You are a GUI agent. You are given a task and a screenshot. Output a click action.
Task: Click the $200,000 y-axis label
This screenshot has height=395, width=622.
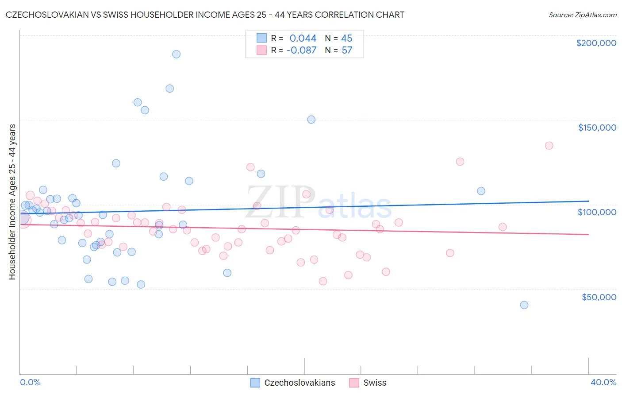click(x=596, y=43)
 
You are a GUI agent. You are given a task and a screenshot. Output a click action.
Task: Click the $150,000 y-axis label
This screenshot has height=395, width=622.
click(x=597, y=128)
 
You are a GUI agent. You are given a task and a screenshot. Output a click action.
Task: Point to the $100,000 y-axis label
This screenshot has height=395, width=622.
click(x=597, y=212)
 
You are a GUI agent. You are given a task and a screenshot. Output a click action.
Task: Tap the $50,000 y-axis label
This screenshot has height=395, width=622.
click(x=599, y=297)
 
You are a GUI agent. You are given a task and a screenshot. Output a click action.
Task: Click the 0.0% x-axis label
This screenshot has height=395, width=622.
click(x=30, y=383)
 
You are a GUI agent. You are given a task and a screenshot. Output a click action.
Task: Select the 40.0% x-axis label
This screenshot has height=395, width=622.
click(x=603, y=383)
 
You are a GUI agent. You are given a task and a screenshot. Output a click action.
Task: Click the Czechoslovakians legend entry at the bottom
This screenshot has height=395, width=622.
click(x=292, y=383)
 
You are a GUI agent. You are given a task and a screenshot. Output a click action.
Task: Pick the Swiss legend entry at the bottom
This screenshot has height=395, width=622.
click(x=368, y=383)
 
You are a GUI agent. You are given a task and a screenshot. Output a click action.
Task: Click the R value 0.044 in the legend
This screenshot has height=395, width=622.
click(x=303, y=39)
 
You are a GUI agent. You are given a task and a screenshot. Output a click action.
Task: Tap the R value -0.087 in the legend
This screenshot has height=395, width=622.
click(x=301, y=50)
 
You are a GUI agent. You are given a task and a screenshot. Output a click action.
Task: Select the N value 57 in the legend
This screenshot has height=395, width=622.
click(x=347, y=50)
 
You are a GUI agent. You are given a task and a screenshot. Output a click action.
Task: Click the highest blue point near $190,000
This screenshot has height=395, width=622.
click(x=176, y=54)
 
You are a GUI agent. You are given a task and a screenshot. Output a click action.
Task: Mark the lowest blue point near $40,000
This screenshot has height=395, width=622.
click(x=524, y=305)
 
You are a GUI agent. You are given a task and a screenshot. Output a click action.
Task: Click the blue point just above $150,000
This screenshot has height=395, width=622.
click(x=311, y=120)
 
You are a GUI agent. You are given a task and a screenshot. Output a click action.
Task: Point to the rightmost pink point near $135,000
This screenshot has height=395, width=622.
click(x=549, y=145)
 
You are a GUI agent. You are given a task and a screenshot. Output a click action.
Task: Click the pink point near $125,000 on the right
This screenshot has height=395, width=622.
click(x=460, y=162)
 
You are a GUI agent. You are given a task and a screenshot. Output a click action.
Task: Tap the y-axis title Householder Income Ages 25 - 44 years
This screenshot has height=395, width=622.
click(x=12, y=201)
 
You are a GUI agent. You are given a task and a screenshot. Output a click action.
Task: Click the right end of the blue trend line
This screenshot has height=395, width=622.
click(x=588, y=201)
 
